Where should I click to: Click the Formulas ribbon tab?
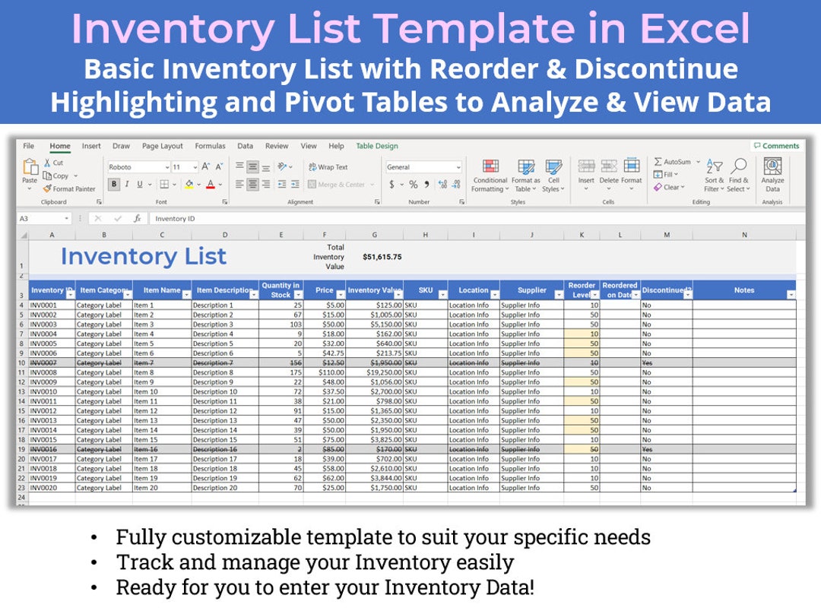(210, 146)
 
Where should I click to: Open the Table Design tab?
(377, 146)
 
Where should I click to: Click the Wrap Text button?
(328, 167)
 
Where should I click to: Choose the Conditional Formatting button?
(490, 174)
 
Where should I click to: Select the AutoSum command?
(672, 162)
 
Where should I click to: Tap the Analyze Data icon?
(772, 174)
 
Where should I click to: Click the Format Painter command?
(69, 188)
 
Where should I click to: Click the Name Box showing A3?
(42, 219)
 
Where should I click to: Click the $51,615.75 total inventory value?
(382, 257)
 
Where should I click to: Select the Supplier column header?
(532, 290)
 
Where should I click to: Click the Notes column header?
(743, 290)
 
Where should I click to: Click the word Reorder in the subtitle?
(471, 69)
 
